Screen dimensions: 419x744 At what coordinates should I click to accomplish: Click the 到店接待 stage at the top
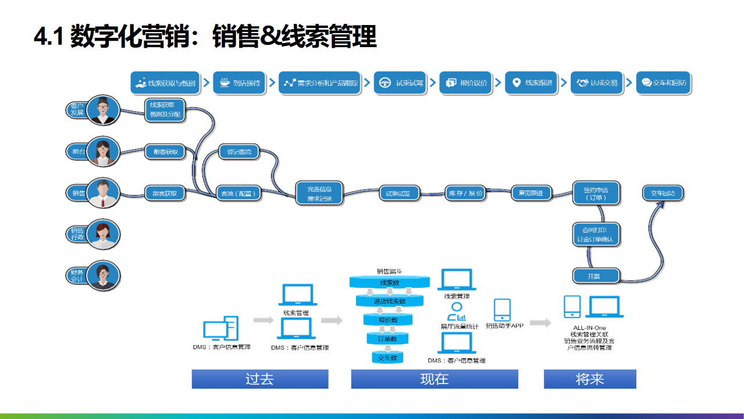pos(240,83)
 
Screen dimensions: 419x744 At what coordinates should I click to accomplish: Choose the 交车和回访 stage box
pos(664,83)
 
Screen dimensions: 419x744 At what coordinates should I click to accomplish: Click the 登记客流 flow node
pos(238,152)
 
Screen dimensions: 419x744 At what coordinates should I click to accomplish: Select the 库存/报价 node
pos(465,193)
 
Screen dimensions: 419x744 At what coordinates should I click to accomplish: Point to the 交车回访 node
pos(663,193)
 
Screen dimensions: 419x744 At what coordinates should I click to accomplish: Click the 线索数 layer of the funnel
pos(389,283)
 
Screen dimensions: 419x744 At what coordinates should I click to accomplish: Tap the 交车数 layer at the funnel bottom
pos(387,357)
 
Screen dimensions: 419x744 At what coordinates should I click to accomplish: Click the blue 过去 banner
pos(260,379)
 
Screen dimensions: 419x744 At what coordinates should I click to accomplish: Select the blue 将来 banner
pos(590,379)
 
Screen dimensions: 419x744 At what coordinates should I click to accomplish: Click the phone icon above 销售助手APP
pos(502,310)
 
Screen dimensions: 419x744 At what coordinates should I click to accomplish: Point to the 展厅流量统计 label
pos(460,327)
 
